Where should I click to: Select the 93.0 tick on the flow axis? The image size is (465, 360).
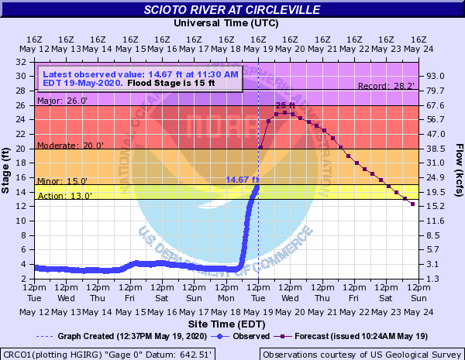click(x=437, y=76)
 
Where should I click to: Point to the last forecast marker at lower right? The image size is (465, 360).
click(x=412, y=204)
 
